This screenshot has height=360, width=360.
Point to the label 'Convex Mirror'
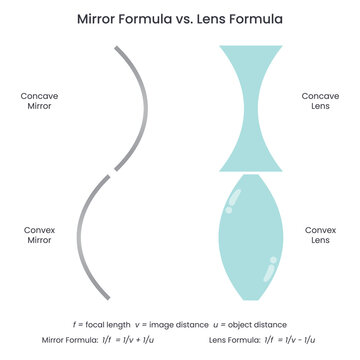tap(39, 236)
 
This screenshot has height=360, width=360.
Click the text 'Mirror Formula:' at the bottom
tap(86, 342)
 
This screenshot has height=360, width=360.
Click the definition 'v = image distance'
tap(180, 324)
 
